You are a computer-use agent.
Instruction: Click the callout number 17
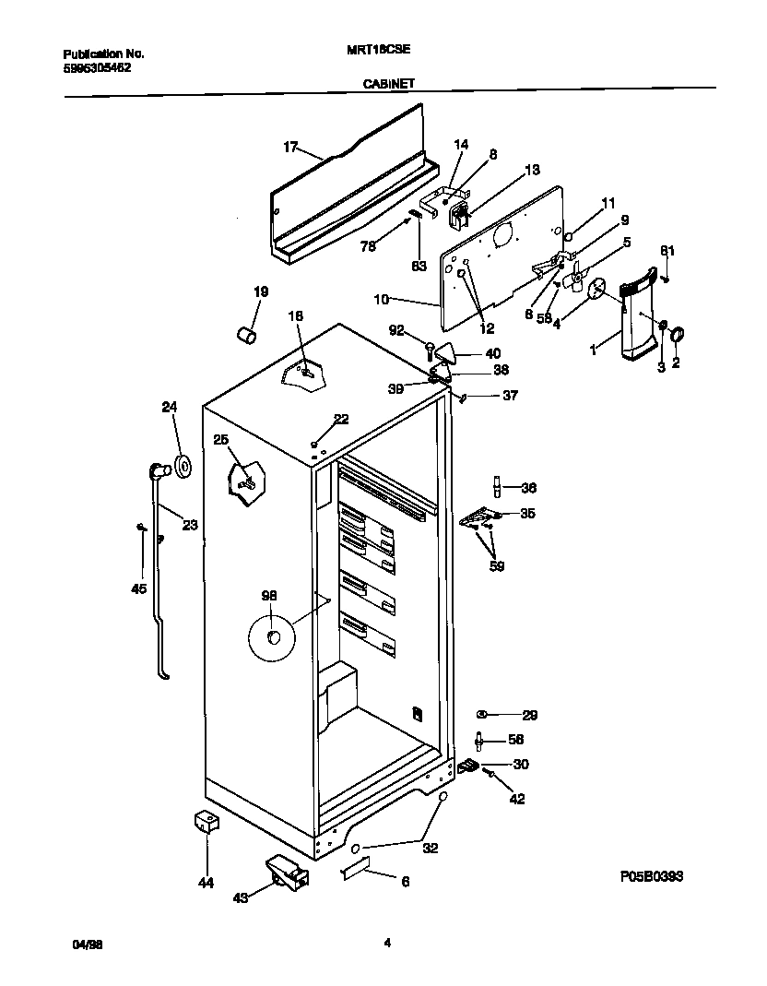290,147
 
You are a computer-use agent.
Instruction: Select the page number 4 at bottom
387,943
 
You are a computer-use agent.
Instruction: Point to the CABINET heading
388,83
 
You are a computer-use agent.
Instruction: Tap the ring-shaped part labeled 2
676,334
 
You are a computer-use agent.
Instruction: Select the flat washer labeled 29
482,715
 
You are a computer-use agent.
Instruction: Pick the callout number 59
496,566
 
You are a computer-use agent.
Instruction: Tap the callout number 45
139,589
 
